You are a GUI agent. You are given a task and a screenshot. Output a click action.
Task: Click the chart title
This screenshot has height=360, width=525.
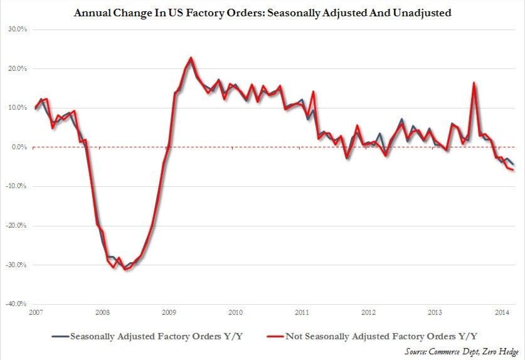[x=262, y=13]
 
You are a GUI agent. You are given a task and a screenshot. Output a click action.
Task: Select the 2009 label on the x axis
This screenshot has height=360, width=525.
[x=169, y=312]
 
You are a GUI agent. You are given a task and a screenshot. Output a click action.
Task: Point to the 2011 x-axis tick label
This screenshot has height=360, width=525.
[x=302, y=312]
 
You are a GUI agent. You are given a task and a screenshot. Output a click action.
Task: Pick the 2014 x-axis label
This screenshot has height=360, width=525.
[x=502, y=312]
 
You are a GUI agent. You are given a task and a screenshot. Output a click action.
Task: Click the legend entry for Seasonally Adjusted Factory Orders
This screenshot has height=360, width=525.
[x=150, y=336]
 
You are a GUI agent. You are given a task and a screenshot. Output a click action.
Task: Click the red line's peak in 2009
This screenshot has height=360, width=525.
[x=191, y=58]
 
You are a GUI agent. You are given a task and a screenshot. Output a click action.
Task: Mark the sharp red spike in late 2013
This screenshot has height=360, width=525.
[x=474, y=83]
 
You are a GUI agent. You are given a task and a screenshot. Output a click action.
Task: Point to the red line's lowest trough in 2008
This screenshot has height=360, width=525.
[x=125, y=270]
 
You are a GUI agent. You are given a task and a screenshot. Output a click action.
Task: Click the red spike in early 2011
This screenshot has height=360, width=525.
[x=313, y=92]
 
